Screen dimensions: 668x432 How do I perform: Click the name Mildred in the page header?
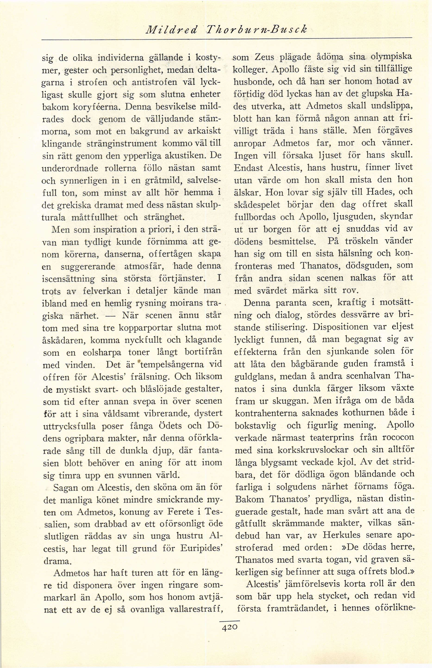pos(174,29)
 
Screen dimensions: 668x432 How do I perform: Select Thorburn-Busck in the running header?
pos(255,29)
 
